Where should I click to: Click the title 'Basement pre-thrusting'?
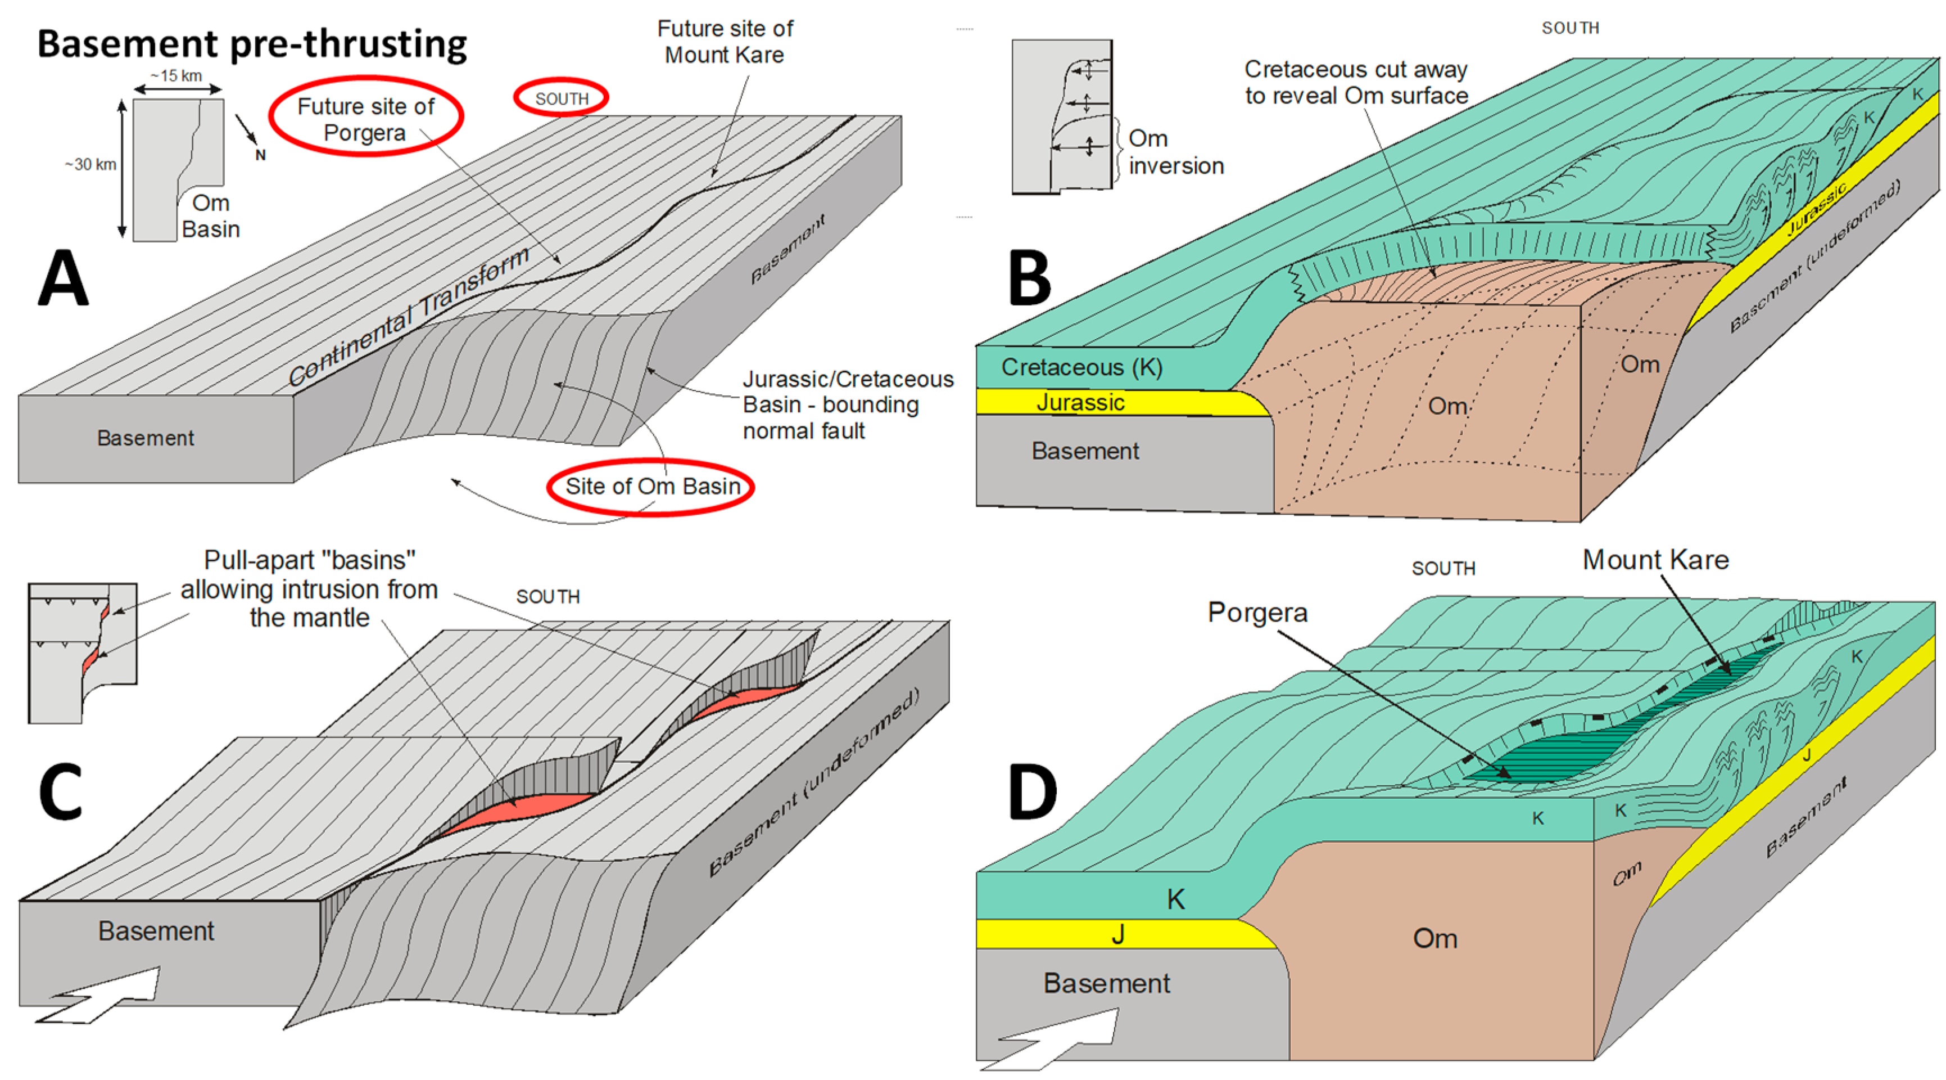(x=252, y=44)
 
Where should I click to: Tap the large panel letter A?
(x=64, y=277)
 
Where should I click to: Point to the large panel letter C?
(x=61, y=791)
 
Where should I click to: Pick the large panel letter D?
(x=1032, y=791)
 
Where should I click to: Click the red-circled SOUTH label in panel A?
(x=562, y=98)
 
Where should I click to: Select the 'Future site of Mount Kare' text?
(x=725, y=42)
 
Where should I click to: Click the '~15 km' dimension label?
(x=176, y=75)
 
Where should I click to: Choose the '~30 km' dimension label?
(x=90, y=164)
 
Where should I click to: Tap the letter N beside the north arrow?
(x=261, y=155)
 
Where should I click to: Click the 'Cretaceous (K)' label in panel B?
(x=1081, y=367)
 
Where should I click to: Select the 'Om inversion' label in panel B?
(x=1175, y=152)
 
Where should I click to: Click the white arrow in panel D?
(x=1054, y=1039)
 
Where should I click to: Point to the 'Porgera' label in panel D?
(x=1257, y=612)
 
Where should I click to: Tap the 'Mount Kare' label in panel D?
(x=1655, y=560)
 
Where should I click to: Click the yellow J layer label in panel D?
(x=1118, y=935)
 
